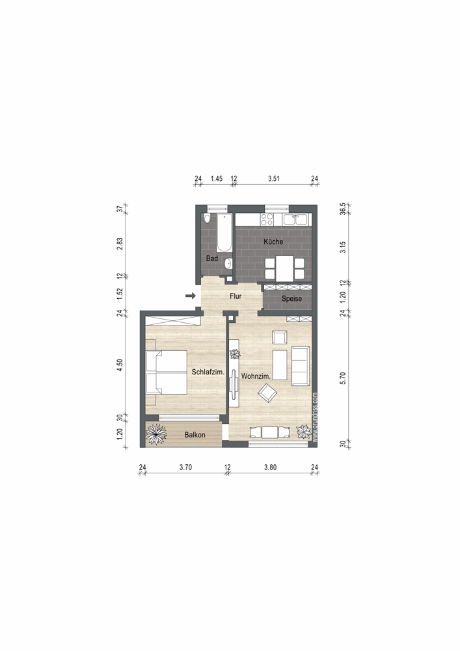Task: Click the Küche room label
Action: point(273,242)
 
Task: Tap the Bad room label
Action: point(212,258)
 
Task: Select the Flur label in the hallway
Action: point(236,296)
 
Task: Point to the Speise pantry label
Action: point(291,299)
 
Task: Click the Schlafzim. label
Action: point(208,372)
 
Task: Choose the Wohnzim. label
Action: point(256,376)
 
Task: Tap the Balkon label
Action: point(195,435)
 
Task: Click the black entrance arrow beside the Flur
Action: point(191,296)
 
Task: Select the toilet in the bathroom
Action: point(208,219)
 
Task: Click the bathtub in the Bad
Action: point(224,233)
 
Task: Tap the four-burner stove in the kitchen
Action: point(266,219)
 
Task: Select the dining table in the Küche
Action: point(284,268)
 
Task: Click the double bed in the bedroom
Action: point(166,372)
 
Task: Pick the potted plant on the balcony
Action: point(156,434)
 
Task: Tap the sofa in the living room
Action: point(301,366)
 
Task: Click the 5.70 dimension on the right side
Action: point(343,378)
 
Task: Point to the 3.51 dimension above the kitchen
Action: point(274,178)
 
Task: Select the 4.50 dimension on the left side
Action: point(120,365)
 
